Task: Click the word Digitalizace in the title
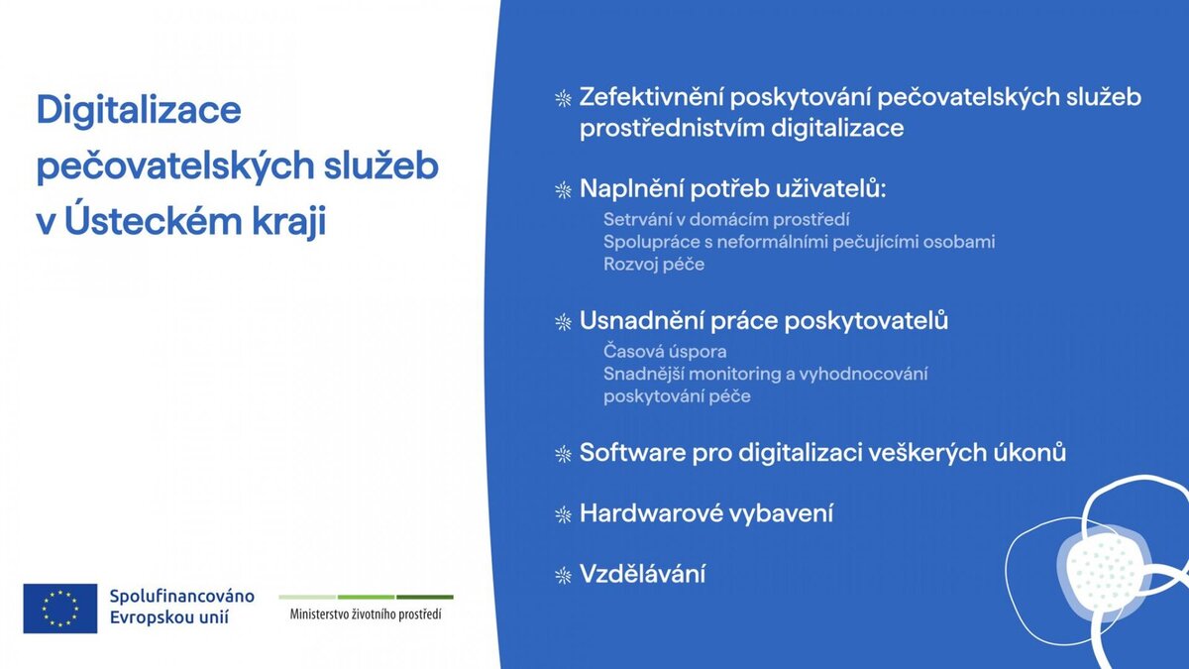[139, 111]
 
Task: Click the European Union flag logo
[60, 609]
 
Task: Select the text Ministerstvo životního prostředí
[366, 614]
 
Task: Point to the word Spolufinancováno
[181, 597]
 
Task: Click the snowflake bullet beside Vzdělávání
[563, 576]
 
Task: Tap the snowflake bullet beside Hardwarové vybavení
[563, 515]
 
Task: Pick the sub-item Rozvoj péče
[654, 265]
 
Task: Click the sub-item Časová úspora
[665, 352]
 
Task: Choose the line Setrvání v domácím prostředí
[726, 220]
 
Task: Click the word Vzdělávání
[642, 574]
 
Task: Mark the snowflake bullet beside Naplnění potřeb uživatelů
[563, 190]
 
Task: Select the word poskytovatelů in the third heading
[866, 321]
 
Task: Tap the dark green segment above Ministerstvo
[425, 598]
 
